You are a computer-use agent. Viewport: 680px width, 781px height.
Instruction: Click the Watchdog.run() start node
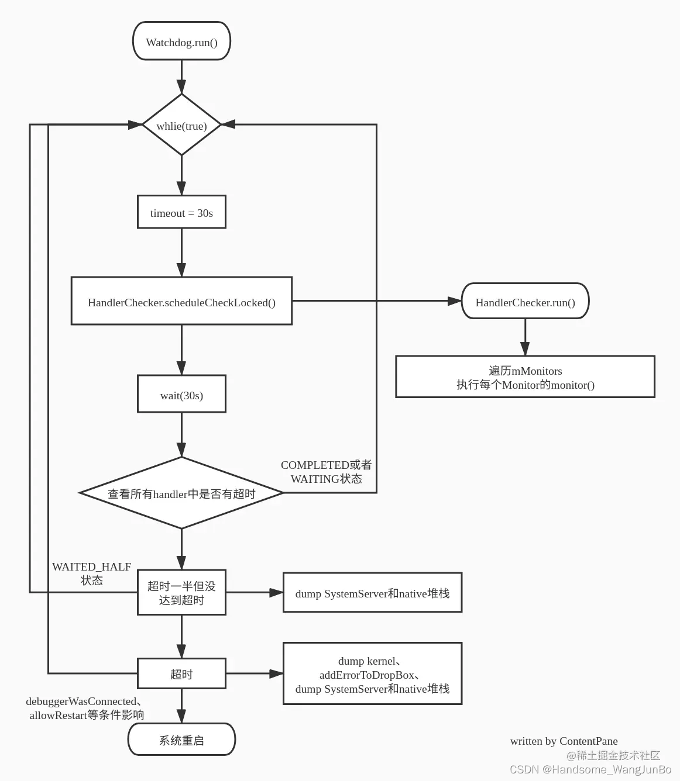click(181, 42)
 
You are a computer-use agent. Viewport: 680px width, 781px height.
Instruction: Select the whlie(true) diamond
click(181, 125)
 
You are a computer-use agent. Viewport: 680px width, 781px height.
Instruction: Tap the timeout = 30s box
click(181, 213)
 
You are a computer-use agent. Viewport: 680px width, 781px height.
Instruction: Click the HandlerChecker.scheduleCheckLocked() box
click(181, 302)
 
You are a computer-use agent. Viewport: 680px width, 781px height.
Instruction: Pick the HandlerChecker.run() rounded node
click(525, 302)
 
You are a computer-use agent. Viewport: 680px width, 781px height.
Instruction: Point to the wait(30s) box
click(181, 395)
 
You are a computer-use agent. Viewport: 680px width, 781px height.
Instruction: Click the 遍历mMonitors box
click(525, 377)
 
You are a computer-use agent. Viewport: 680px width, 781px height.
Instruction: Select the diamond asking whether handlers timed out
click(181, 493)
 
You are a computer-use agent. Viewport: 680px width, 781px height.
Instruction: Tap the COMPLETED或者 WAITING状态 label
click(326, 472)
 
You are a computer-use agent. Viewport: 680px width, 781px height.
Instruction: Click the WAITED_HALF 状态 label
click(91, 573)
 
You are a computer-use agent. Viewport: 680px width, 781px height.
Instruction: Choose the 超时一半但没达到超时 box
click(181, 593)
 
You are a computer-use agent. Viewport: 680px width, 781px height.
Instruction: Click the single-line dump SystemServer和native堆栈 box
click(372, 593)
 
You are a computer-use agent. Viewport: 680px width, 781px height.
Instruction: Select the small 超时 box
click(181, 674)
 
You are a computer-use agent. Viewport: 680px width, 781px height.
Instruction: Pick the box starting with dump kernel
click(372, 674)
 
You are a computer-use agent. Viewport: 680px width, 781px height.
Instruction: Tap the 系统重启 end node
click(181, 740)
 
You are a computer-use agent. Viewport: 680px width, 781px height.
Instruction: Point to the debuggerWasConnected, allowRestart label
click(85, 708)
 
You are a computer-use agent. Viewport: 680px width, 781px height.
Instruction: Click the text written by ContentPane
click(564, 741)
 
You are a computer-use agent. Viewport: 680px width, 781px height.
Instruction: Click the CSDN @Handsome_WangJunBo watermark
click(590, 769)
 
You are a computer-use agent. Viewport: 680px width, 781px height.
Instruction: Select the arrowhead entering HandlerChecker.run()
click(455, 301)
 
